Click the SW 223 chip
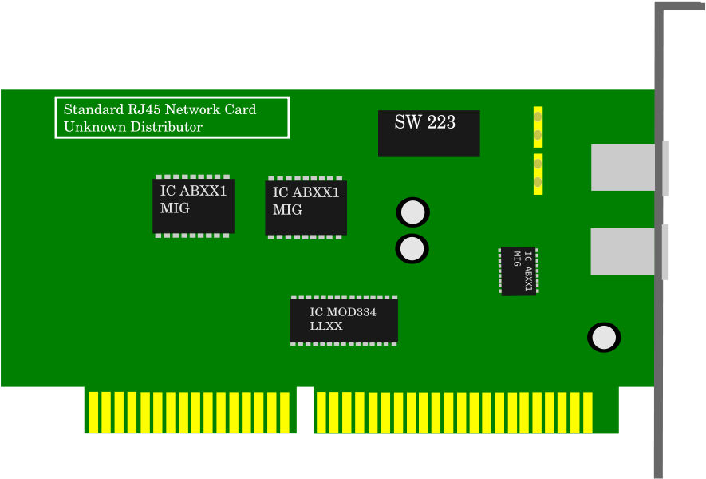(428, 133)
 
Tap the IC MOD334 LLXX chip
(344, 321)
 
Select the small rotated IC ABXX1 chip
(519, 271)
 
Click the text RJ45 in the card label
(144, 110)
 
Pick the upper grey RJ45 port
(627, 168)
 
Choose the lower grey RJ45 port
(627, 251)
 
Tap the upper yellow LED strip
(538, 127)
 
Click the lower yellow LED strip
(538, 174)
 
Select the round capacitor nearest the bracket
(604, 338)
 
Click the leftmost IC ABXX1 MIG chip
(193, 206)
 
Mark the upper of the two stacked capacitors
(412, 212)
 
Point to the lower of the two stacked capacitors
(412, 248)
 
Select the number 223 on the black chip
(441, 122)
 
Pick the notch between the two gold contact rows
(305, 410)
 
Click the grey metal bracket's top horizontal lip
(680, 6)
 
